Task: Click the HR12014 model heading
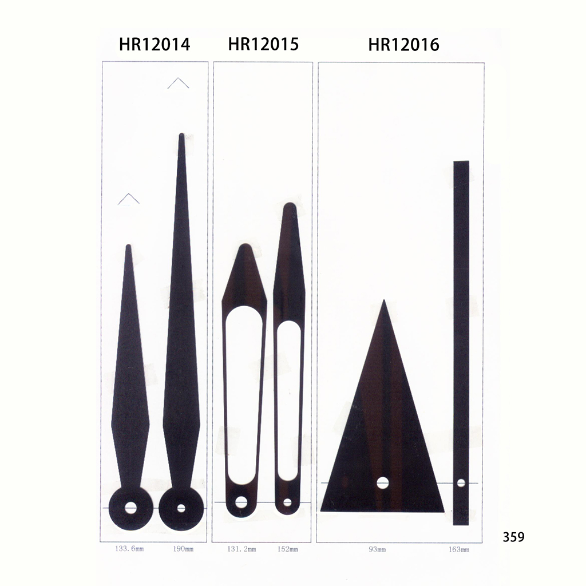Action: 155,45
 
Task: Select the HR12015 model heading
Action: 263,43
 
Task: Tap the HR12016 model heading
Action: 403,45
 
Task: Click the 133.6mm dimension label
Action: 129,549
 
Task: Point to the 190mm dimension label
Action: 183,549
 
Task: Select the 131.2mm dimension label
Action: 242,549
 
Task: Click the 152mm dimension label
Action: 288,549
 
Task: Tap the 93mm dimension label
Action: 377,549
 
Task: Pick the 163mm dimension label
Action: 459,549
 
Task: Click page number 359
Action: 513,537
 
